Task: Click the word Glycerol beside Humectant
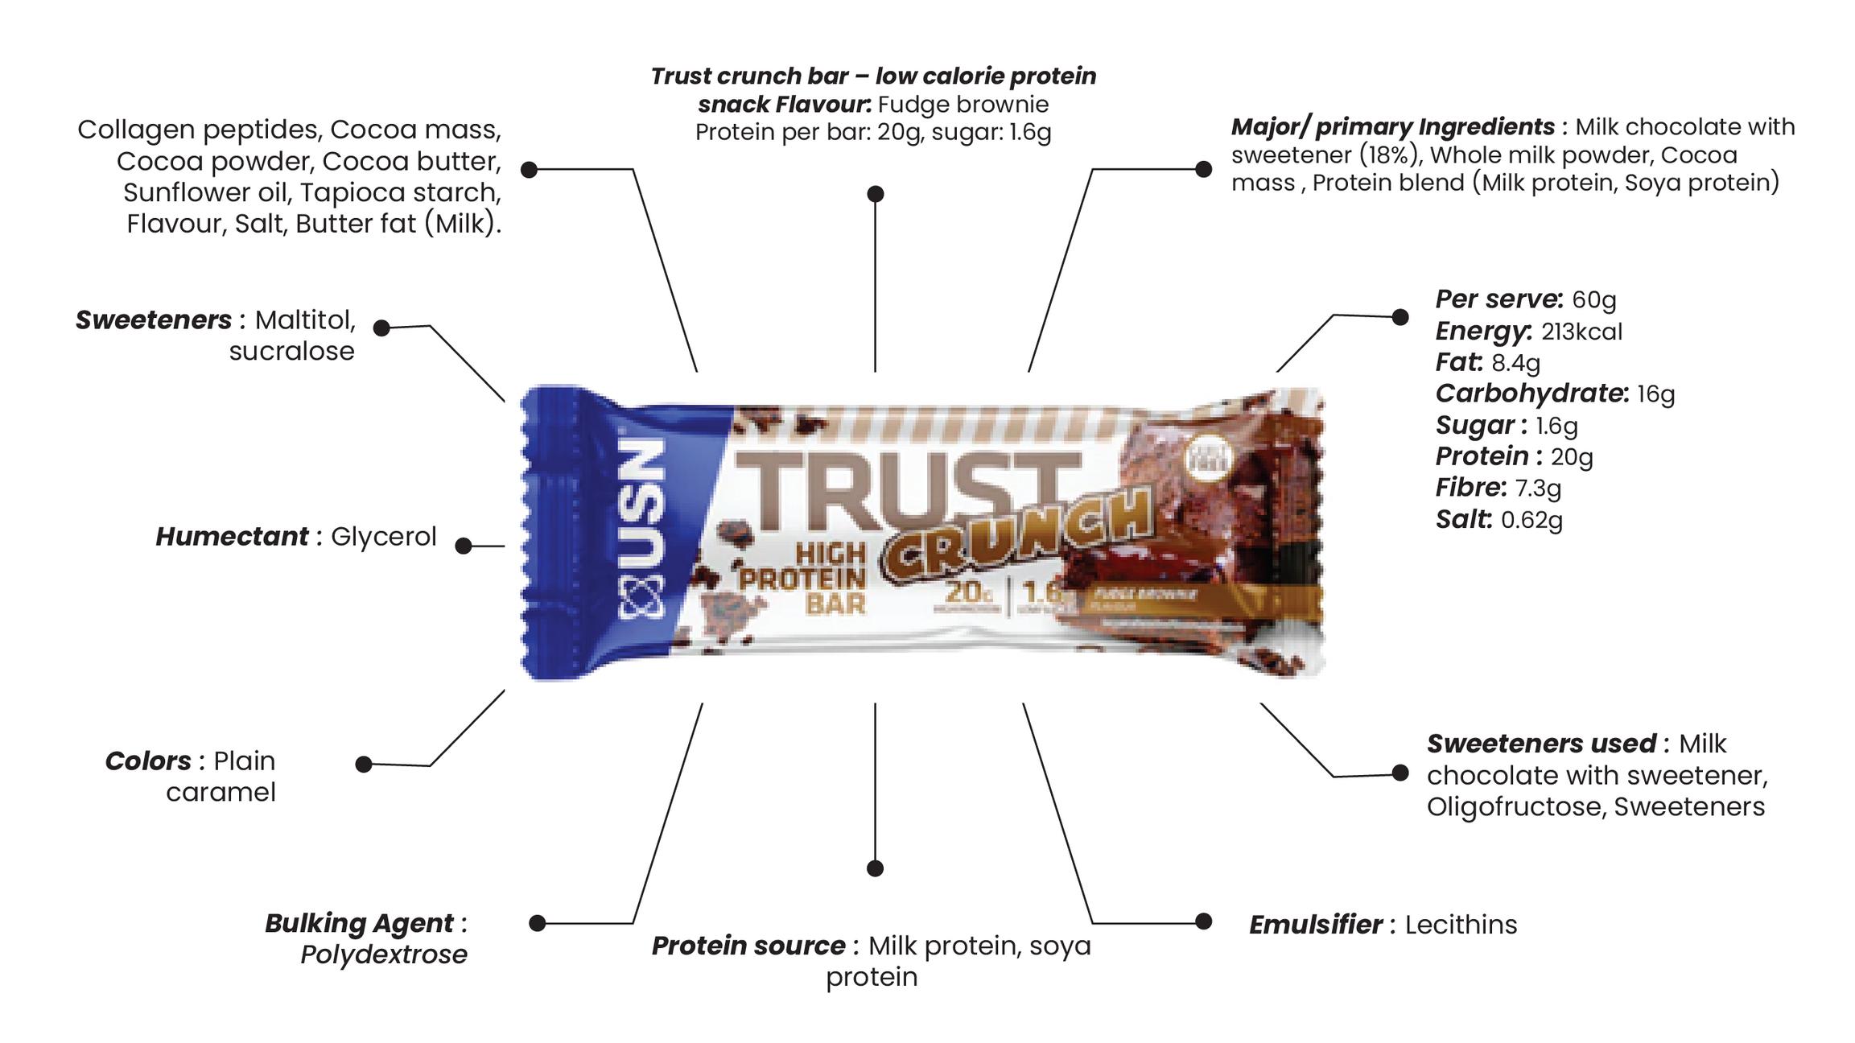click(x=383, y=537)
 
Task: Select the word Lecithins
click(x=1461, y=925)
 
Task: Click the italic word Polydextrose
click(x=384, y=954)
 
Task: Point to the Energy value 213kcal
click(x=1581, y=332)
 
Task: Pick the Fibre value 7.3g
click(x=1538, y=488)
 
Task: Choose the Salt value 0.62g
click(x=1531, y=520)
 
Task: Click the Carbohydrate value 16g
click(x=1655, y=394)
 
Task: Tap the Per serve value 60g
click(x=1593, y=299)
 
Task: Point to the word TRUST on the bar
click(x=909, y=491)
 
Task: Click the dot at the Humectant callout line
click(x=464, y=546)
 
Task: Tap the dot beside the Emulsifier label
click(x=1204, y=921)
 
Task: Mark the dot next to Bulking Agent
click(x=538, y=923)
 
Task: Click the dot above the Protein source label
click(x=876, y=868)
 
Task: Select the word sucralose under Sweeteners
click(x=291, y=352)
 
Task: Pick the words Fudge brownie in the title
click(x=963, y=105)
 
